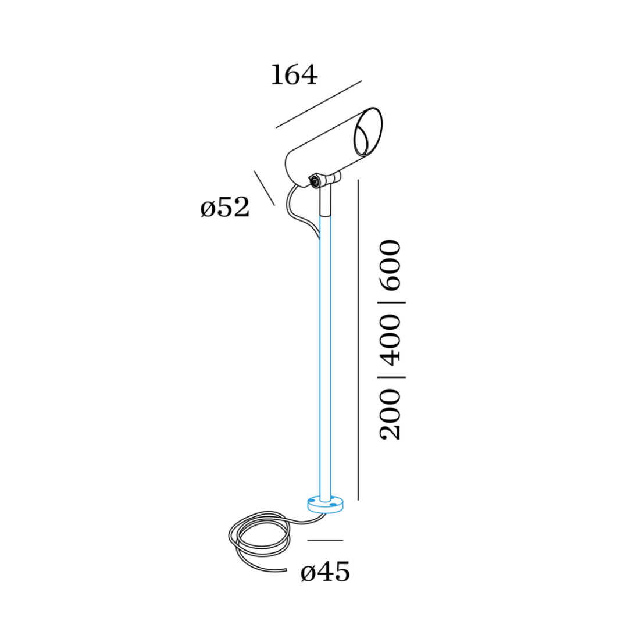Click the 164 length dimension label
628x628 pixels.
(294, 76)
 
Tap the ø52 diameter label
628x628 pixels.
(224, 208)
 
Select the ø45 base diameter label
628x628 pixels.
(325, 573)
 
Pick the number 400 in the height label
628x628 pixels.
(390, 340)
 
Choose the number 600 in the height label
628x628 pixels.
(390, 265)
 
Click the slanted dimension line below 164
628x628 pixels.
(319, 104)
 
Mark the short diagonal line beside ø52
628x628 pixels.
(264, 188)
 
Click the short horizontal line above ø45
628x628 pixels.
(325, 540)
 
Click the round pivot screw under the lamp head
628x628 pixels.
(315, 182)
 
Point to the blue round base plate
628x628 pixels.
(326, 505)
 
